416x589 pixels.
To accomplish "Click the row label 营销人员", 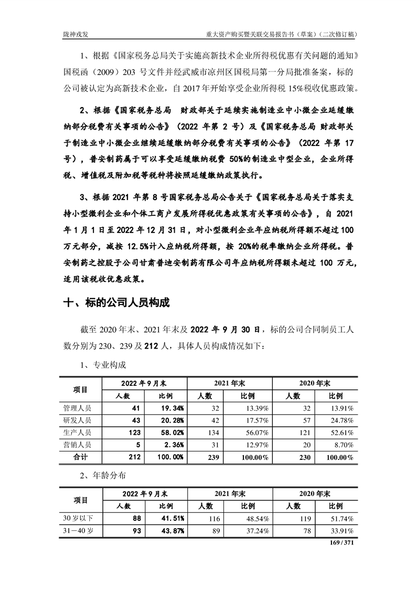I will point(77,445).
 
